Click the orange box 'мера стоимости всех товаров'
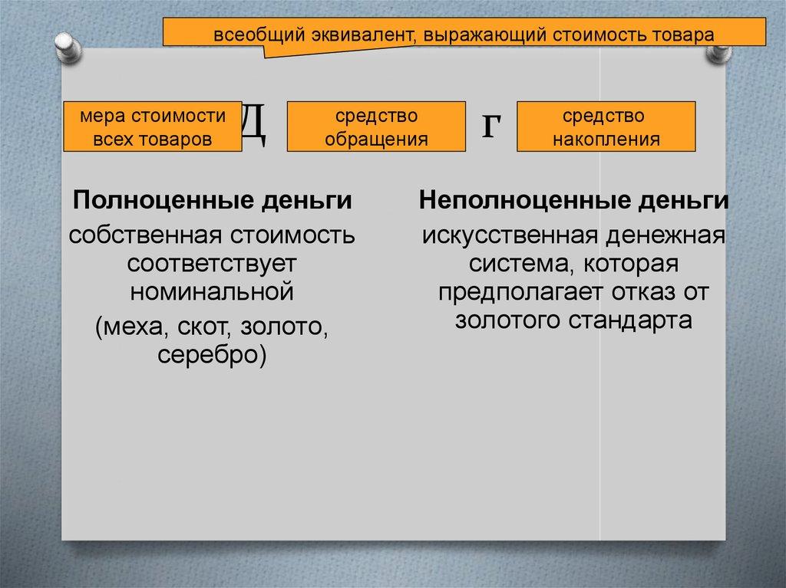[x=151, y=127]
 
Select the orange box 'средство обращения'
[x=376, y=127]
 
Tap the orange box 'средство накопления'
[x=606, y=127]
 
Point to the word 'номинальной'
[x=213, y=292]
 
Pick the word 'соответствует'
[x=213, y=264]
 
